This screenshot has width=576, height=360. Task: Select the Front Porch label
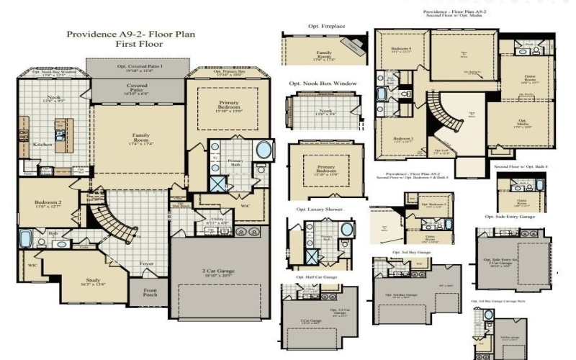click(x=150, y=293)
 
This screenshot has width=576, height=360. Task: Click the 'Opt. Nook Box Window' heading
click(x=323, y=84)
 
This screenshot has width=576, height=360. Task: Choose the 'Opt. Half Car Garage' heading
click(x=316, y=276)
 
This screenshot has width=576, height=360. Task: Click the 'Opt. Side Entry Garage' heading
click(x=509, y=216)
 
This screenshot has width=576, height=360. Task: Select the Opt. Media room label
click(x=523, y=124)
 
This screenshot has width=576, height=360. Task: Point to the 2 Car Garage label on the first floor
click(x=218, y=271)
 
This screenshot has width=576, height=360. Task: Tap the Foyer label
click(x=147, y=264)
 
